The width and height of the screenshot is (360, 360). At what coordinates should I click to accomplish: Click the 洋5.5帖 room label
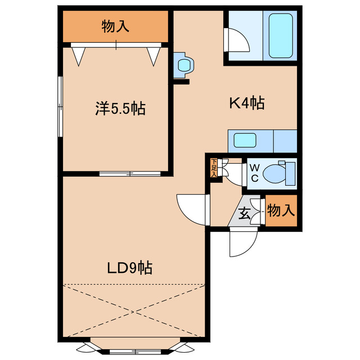pos(120,109)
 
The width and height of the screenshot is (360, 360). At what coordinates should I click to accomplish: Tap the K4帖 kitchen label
pos(246,103)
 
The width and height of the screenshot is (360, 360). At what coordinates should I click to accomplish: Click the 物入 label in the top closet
pos(116,26)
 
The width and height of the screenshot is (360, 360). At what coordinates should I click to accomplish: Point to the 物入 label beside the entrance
pos(280,211)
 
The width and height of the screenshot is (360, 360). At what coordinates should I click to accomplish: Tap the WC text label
pos(254,173)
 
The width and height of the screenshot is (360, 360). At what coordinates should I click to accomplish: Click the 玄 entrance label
pos(245,213)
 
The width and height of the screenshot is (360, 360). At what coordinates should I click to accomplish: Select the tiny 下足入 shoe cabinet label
pos(214,168)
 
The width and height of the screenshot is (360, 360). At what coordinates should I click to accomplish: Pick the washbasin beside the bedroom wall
pos(183,64)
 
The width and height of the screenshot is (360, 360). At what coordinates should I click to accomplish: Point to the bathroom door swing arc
pos(235,39)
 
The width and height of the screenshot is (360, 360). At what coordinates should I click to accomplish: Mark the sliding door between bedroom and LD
pos(129,173)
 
